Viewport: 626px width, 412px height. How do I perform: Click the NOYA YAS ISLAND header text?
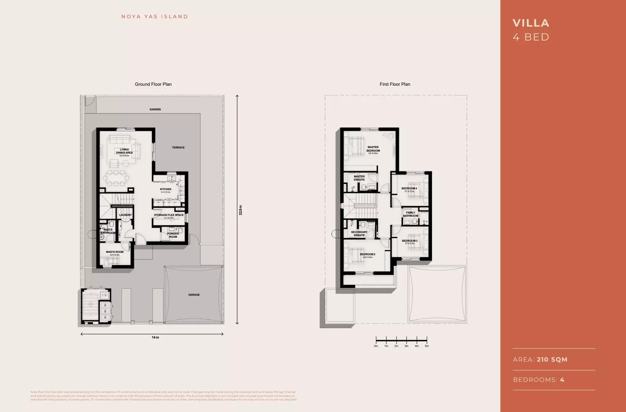point(155,17)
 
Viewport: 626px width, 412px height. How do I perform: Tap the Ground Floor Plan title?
point(153,84)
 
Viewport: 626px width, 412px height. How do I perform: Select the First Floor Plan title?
point(395,84)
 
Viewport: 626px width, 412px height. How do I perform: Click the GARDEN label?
point(155,109)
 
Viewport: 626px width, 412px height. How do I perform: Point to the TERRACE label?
point(178,147)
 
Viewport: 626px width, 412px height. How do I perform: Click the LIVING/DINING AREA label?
point(124,151)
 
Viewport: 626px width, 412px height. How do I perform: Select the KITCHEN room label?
point(166,189)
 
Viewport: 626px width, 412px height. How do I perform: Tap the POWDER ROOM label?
point(173,235)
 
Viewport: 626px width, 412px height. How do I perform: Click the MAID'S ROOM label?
point(115,252)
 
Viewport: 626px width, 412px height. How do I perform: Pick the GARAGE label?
point(194,295)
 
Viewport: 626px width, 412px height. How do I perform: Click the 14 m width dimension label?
point(155,337)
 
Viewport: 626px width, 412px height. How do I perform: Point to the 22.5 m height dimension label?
point(240,210)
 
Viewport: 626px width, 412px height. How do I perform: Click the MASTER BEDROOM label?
point(373,149)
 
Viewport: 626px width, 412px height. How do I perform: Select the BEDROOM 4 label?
point(409,189)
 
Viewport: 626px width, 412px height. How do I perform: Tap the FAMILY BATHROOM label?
point(410,214)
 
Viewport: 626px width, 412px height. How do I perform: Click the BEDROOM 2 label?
point(367,254)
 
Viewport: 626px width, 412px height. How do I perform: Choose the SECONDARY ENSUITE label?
point(359,233)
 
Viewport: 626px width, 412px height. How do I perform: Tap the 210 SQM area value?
point(552,359)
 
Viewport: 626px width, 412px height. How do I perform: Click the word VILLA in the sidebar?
point(531,23)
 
